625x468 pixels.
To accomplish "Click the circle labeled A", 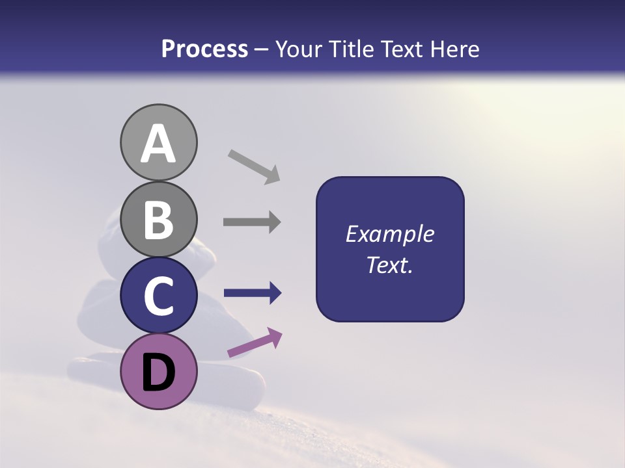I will [x=158, y=142].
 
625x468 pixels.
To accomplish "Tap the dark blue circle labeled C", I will [x=158, y=295].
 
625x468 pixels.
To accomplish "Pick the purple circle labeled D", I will [x=158, y=371].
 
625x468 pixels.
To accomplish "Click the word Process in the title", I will [x=204, y=49].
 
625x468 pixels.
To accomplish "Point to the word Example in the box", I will [x=390, y=234].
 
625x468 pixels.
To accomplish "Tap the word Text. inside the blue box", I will [x=390, y=265].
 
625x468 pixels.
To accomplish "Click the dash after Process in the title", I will [x=262, y=49].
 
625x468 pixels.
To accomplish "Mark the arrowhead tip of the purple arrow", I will [x=281, y=333].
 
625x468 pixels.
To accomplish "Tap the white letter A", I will [x=158, y=144].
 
